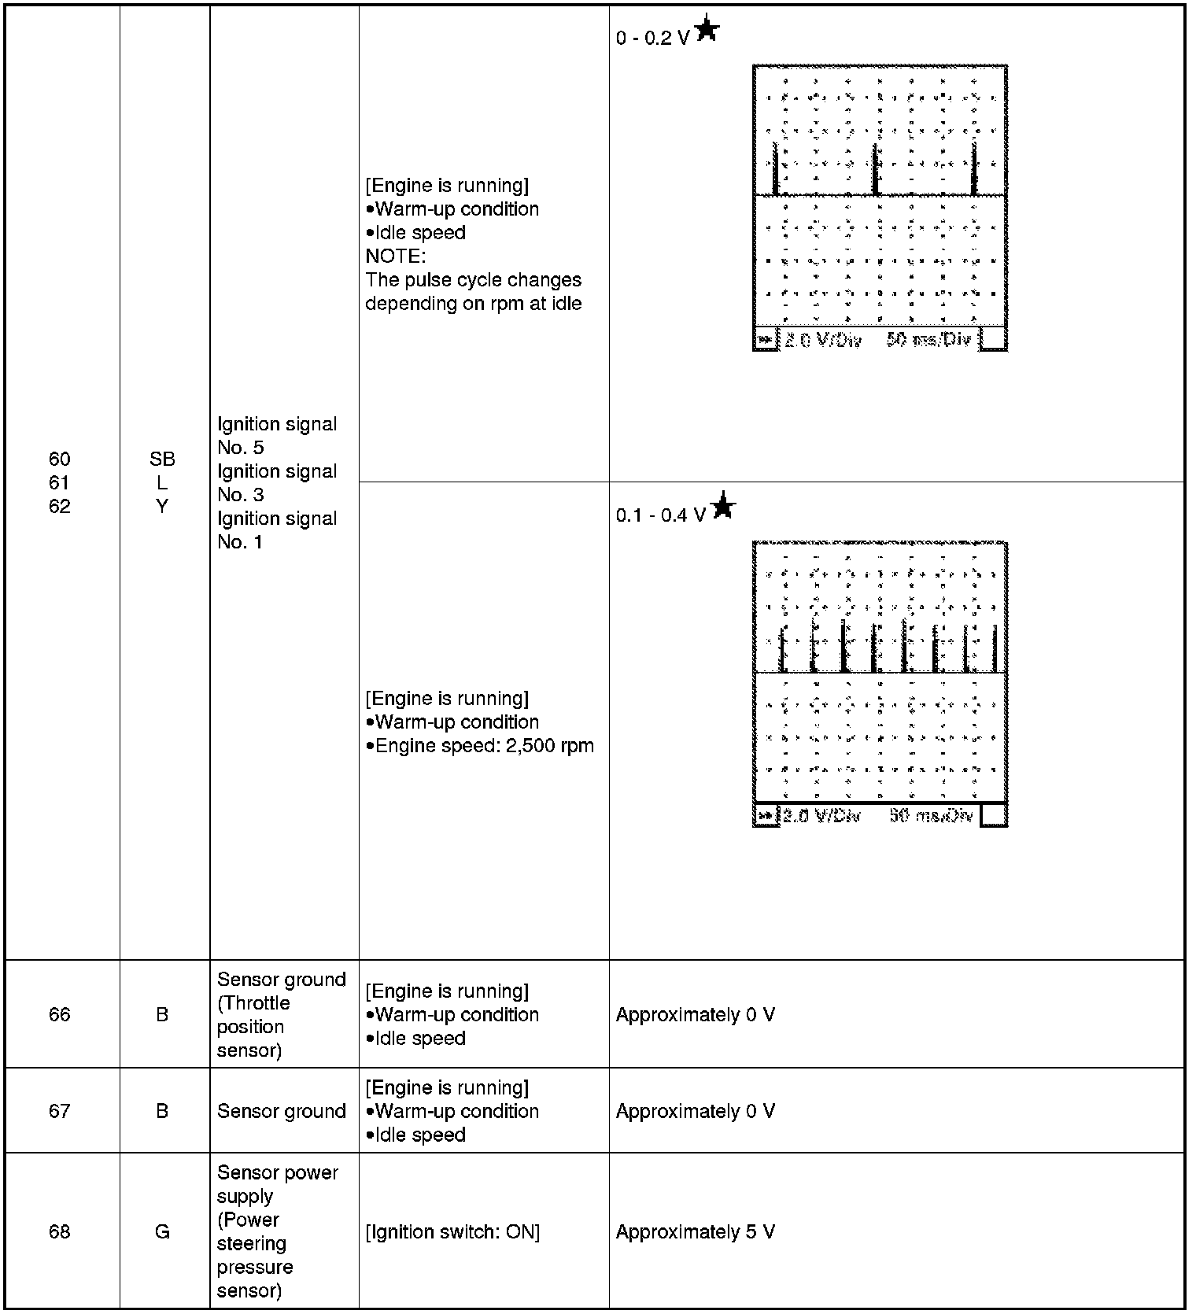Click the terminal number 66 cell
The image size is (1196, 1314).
click(x=60, y=1014)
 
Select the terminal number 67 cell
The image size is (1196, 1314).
click(x=60, y=1111)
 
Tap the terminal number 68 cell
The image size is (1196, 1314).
click(x=60, y=1231)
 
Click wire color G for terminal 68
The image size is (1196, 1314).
click(x=162, y=1231)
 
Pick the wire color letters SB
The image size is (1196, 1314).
click(x=162, y=459)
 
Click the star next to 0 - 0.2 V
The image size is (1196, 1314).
click(x=707, y=30)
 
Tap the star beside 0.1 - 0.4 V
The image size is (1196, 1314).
click(x=723, y=506)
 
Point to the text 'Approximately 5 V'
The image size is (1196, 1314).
click(x=696, y=1231)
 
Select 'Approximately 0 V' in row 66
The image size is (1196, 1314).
click(x=696, y=1014)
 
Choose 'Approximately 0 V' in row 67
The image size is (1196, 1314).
click(x=696, y=1111)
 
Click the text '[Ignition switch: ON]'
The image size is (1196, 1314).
click(x=452, y=1231)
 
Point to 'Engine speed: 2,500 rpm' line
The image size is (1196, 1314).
click(x=483, y=745)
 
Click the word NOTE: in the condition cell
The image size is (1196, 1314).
click(x=396, y=256)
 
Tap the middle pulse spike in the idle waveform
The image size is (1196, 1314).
click(x=875, y=170)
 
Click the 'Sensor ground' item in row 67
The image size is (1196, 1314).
click(x=282, y=1111)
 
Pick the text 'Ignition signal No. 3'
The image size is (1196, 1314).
click(x=277, y=482)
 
